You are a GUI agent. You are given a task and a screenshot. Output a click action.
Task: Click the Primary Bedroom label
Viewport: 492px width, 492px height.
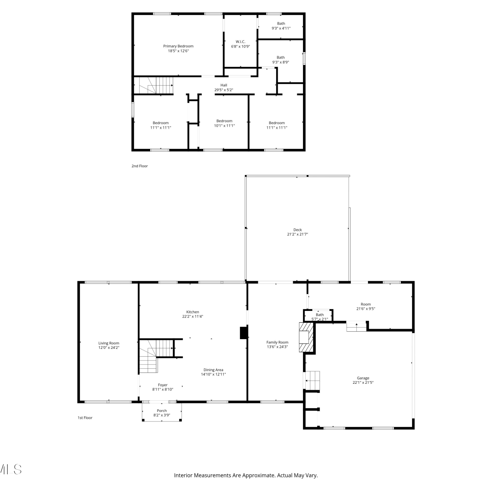point(178,46)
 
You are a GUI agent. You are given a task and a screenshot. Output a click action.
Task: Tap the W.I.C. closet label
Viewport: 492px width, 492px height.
point(240,42)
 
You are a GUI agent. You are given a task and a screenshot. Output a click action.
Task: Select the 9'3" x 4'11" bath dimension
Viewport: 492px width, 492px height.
point(281,28)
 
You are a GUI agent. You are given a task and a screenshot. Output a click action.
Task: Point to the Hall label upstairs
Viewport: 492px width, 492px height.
point(224,85)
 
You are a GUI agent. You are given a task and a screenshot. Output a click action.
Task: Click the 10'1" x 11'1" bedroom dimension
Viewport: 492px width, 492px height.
point(224,126)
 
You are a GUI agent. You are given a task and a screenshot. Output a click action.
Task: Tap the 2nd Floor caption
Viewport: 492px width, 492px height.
point(140,166)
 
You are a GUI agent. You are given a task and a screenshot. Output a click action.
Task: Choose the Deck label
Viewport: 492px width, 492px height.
point(297,230)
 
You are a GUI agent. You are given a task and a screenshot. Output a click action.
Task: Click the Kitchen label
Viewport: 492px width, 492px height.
point(193,312)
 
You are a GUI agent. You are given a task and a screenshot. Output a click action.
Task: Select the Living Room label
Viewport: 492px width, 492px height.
point(109,343)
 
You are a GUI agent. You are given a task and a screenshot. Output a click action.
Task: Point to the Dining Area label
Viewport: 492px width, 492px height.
point(213,370)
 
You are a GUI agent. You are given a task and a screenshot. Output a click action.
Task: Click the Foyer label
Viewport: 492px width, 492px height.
point(163,385)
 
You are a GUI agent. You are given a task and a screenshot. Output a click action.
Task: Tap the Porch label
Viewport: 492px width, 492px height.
point(162,411)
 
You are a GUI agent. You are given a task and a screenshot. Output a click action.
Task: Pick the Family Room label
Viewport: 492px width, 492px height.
point(277,342)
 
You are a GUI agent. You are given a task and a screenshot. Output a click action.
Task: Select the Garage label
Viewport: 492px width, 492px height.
point(363,378)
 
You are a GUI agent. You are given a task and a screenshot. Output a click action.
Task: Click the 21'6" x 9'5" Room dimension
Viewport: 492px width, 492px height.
point(366,309)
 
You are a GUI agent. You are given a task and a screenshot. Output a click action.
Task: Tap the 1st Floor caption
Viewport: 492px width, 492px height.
point(85,418)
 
